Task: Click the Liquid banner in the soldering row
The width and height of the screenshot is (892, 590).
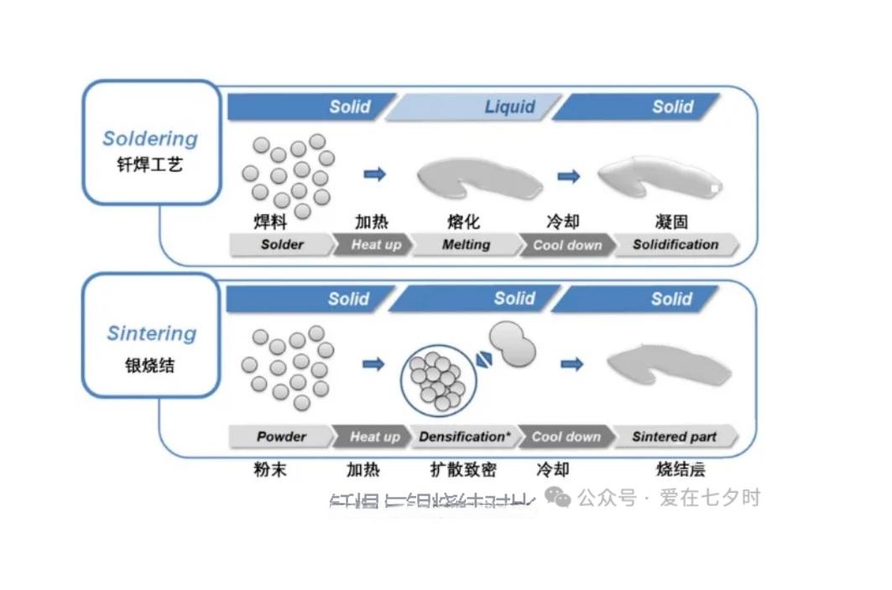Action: tap(474, 107)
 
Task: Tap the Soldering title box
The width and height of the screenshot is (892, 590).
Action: tap(151, 143)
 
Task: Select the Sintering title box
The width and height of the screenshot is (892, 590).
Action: tap(151, 335)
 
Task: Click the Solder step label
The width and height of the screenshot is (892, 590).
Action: tap(282, 245)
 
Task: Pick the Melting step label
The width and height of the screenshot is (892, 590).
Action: tap(466, 245)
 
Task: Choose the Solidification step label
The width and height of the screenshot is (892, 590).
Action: tap(676, 245)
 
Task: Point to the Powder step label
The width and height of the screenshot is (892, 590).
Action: tap(282, 437)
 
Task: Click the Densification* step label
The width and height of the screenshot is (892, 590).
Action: tap(464, 437)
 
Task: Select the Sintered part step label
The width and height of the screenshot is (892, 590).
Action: tap(675, 437)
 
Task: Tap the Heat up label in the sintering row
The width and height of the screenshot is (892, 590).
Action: tap(374, 437)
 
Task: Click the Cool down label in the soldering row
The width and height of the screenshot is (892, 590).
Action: tap(567, 245)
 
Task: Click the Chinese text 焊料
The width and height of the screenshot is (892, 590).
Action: tap(270, 222)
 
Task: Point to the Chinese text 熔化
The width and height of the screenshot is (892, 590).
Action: tap(464, 222)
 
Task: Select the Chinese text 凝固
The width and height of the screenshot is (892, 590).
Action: tap(672, 222)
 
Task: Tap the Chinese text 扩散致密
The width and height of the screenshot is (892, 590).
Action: tap(463, 469)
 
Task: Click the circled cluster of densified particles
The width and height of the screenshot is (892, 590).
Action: tap(438, 381)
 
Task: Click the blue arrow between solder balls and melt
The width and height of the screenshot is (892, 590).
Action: tap(374, 174)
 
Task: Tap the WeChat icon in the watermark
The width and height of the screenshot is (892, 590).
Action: tap(557, 498)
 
